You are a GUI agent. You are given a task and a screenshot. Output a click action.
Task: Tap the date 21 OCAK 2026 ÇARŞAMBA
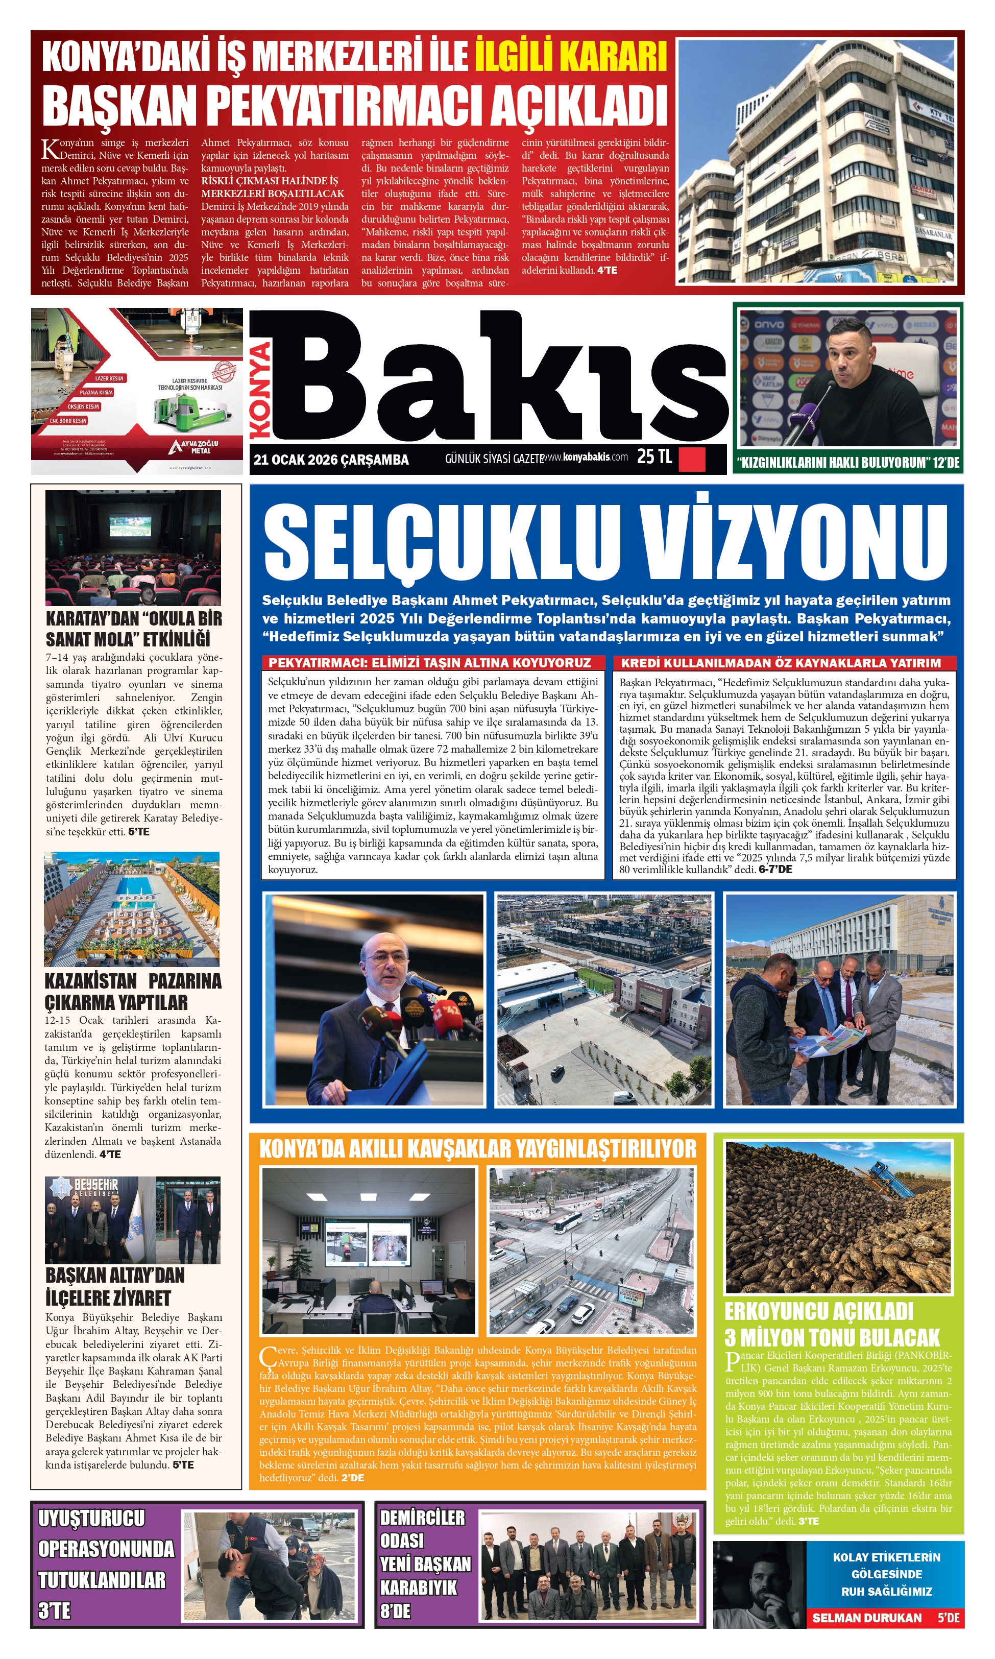(x=331, y=460)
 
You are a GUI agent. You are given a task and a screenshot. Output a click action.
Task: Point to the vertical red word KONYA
(x=262, y=390)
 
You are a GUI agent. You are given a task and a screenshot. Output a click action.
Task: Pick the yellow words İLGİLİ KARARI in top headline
(x=571, y=56)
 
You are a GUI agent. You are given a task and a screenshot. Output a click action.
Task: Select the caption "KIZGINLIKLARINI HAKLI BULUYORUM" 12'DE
(x=847, y=463)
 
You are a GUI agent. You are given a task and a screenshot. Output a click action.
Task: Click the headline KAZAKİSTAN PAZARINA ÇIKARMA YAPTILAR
(x=133, y=991)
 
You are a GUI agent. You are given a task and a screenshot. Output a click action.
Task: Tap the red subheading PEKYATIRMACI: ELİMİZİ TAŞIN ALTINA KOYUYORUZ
(x=430, y=662)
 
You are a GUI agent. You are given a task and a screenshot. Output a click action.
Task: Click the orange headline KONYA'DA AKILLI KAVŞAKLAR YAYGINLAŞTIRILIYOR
(x=477, y=1149)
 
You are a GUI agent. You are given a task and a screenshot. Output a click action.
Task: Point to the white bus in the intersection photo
(x=567, y=1222)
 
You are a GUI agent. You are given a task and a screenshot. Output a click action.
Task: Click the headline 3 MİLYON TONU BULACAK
(x=832, y=1351)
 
